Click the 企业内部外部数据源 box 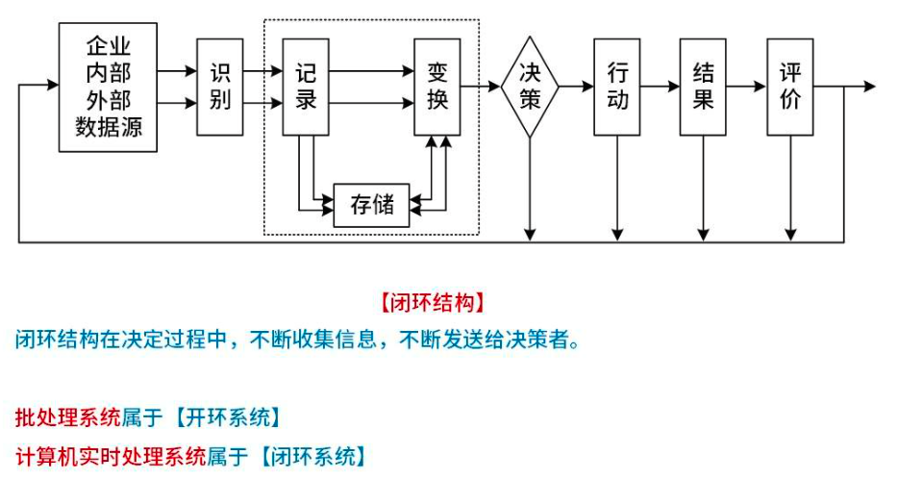[x=108, y=87]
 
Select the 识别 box [x=220, y=87]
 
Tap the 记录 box [x=307, y=87]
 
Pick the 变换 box [x=437, y=87]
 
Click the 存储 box [x=371, y=204]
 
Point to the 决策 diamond [x=530, y=87]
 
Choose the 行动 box [x=617, y=87]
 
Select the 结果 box [x=704, y=87]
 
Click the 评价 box [x=790, y=87]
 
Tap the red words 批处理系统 [x=67, y=417]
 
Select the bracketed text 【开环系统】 [x=227, y=417]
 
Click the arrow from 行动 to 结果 [x=660, y=87]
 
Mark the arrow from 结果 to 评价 [x=747, y=87]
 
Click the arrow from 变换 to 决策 [x=481, y=87]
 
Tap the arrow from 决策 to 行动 [x=577, y=87]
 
